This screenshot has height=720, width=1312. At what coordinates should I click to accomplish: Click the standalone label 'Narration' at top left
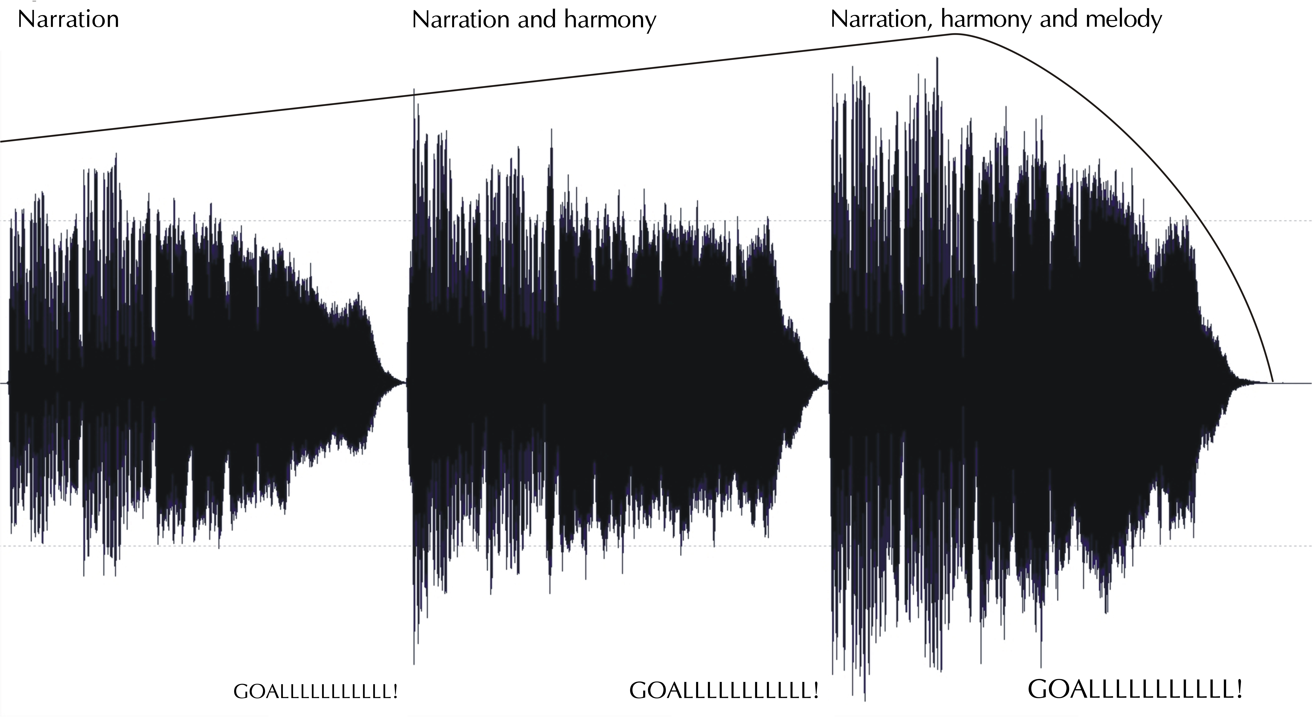(68, 19)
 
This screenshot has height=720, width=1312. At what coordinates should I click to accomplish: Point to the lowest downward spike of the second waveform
(414, 663)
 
